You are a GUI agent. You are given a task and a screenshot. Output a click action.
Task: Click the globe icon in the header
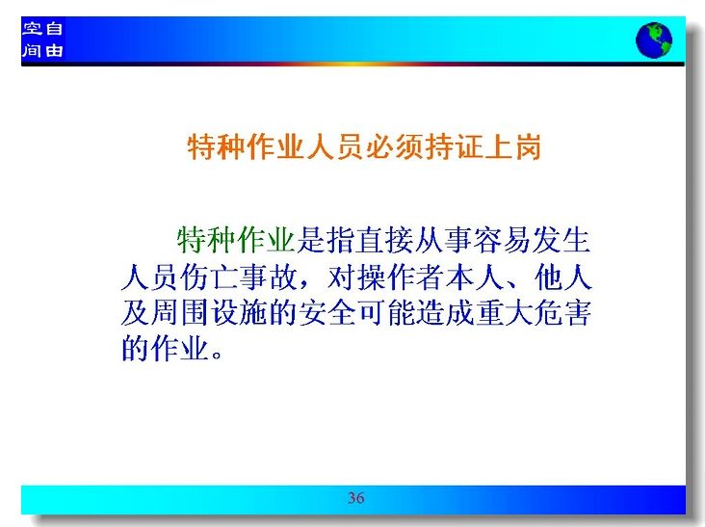click(654, 40)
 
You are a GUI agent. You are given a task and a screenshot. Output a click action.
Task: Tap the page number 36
click(355, 497)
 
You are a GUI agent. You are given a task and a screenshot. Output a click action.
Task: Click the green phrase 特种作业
click(236, 240)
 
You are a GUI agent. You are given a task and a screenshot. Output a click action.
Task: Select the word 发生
click(561, 240)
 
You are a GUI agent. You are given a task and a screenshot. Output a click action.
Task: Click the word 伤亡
click(210, 277)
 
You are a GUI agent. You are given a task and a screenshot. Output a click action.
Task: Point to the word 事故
click(269, 277)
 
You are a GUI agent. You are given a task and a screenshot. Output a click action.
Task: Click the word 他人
click(562, 277)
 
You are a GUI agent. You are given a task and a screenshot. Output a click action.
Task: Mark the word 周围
click(180, 313)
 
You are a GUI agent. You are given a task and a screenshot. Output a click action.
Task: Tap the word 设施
click(239, 313)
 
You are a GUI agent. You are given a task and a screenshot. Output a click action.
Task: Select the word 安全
click(327, 313)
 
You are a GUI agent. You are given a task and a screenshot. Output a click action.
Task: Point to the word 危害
click(562, 313)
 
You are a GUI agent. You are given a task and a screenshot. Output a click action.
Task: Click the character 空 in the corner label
click(32, 29)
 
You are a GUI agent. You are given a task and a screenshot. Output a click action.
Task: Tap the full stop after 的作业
click(217, 354)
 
